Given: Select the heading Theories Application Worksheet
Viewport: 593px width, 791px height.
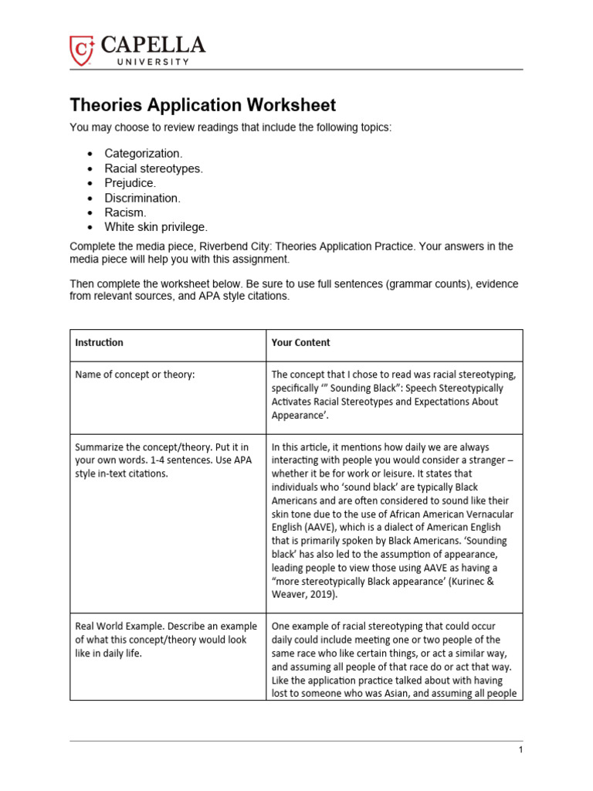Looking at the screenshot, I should coord(203,105).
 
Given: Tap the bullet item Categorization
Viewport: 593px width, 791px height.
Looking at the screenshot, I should coord(144,154).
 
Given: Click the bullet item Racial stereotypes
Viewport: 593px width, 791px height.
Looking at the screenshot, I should coord(154,168).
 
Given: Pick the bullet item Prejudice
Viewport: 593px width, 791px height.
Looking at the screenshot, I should coord(130,183).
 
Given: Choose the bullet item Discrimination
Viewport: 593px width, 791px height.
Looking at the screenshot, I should coord(142,198).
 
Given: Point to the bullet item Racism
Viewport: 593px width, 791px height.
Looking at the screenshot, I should coord(125,212).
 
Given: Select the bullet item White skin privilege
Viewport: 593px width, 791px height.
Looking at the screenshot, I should coord(156,227).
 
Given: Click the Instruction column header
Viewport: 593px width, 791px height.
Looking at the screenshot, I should coord(99,342).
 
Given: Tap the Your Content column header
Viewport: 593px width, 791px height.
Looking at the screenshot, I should coord(300,342).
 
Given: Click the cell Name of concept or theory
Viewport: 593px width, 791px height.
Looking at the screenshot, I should coord(135,375).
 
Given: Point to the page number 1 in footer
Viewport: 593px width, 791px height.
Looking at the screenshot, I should coord(521,750).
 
